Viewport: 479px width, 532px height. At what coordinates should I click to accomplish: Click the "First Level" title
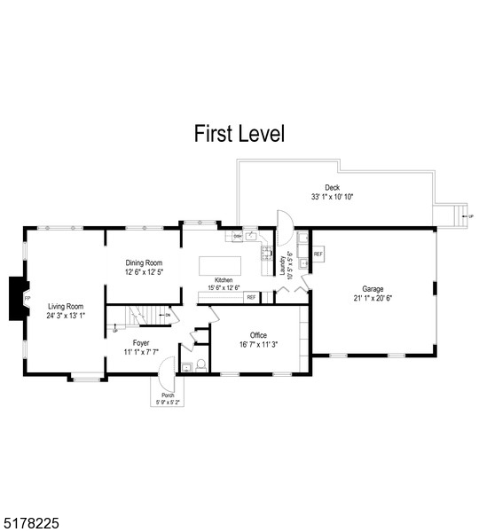[x=239, y=134]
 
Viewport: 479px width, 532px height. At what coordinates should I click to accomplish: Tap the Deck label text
[x=332, y=187]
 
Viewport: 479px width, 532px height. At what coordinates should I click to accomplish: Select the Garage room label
[x=373, y=288]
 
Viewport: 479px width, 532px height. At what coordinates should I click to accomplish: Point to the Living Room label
[x=67, y=306]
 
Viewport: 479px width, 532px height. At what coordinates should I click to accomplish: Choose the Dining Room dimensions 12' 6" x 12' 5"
[x=144, y=272]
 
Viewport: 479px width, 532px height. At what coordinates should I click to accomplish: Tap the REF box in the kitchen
[x=251, y=297]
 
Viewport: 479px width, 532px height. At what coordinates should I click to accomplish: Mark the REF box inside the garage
[x=318, y=254]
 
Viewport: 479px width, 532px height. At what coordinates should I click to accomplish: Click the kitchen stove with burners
[x=266, y=254]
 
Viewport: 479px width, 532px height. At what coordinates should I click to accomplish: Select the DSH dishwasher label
[x=238, y=237]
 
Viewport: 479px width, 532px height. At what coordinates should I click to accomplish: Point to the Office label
[x=259, y=335]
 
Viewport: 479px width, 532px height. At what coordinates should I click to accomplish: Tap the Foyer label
[x=141, y=342]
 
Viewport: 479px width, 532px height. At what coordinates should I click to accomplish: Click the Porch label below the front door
[x=167, y=395]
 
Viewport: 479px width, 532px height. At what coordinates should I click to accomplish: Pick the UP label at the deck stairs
[x=470, y=215]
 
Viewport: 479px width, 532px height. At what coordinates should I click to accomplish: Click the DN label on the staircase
[x=168, y=315]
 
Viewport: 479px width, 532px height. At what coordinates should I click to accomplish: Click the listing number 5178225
[x=31, y=524]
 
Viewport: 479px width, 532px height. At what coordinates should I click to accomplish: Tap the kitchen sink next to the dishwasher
[x=251, y=237]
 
